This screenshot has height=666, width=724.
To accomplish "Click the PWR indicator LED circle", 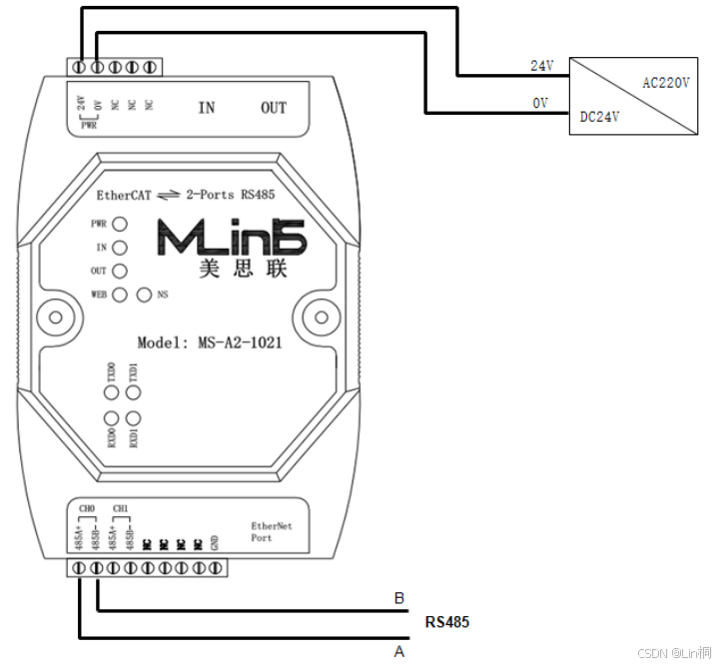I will (120, 225).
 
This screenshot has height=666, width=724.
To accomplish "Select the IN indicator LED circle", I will (120, 248).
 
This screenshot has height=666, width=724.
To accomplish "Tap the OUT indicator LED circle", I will (120, 271).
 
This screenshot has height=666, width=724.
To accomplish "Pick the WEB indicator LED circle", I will (120, 295).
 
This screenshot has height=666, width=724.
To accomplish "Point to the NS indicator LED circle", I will (144, 295).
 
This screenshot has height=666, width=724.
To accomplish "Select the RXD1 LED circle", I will (133, 418).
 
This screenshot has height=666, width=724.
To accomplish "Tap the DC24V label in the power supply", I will (600, 117).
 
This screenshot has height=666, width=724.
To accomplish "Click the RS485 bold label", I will (447, 622).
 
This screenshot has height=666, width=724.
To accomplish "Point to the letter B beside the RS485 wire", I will (399, 599).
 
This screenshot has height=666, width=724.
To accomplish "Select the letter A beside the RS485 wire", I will (399, 651).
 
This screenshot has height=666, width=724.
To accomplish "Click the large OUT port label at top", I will (274, 108).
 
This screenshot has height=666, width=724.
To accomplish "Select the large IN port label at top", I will (206, 108).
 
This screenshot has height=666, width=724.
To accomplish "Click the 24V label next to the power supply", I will (541, 65).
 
